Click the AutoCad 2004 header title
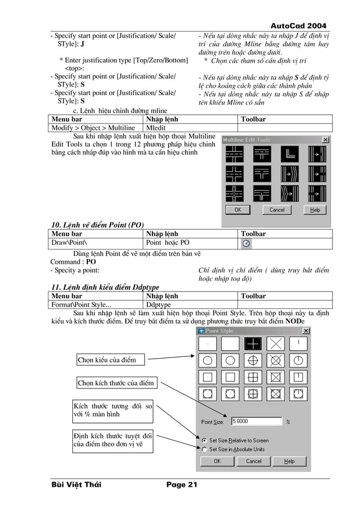tap(298, 26)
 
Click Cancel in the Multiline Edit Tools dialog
tap(276, 210)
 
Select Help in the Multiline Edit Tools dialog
tap(315, 210)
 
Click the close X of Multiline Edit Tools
tap(325, 140)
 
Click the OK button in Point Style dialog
tap(217, 461)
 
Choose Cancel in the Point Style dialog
tap(254, 461)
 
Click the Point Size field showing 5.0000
tap(256, 421)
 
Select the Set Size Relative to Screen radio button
tap(204, 440)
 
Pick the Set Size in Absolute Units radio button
tap(204, 449)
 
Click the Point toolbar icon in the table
tap(247, 243)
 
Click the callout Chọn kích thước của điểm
tap(116, 383)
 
